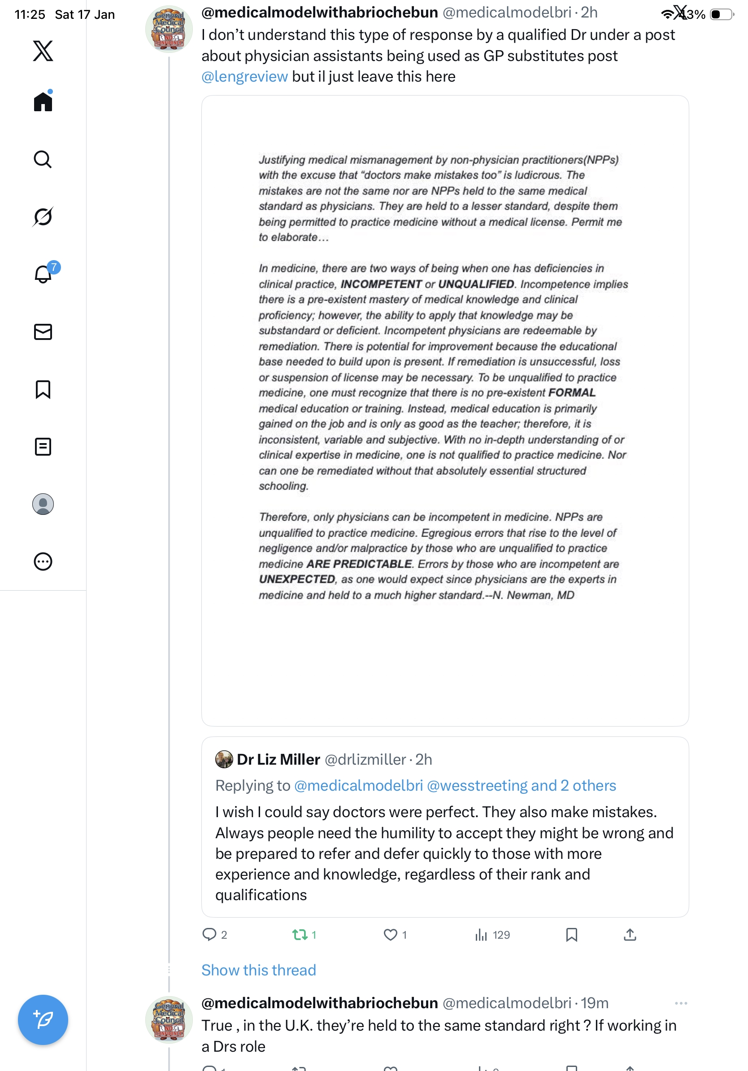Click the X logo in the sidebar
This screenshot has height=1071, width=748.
tap(43, 51)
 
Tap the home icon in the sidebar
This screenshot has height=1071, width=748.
tap(43, 101)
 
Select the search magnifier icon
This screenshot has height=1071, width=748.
tap(43, 160)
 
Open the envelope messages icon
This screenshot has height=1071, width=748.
tap(43, 331)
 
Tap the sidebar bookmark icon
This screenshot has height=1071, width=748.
tap(43, 389)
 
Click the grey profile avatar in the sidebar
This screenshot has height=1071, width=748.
tap(43, 504)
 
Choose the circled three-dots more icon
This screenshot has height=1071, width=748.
tap(43, 561)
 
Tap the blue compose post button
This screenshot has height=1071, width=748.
tap(43, 1019)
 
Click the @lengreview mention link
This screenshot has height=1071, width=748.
tap(244, 77)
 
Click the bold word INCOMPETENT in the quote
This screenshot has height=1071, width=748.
tap(381, 284)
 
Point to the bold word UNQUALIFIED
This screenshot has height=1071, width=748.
tap(476, 284)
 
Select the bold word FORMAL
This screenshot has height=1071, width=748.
tap(572, 393)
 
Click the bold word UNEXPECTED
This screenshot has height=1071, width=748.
tap(297, 579)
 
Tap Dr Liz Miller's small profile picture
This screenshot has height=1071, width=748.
tap(224, 759)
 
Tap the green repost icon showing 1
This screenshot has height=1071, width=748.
tap(300, 935)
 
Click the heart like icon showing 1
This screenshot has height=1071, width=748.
tap(390, 935)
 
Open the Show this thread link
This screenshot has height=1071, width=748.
tap(258, 970)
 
